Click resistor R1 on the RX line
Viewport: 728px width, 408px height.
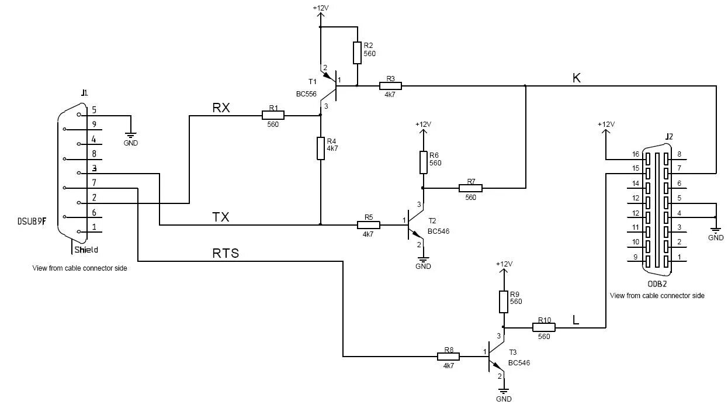273,115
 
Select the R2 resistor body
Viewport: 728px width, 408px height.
357,53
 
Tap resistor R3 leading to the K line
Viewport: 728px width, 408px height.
391,86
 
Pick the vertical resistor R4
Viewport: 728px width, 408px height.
321,148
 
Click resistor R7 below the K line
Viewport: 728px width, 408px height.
470,188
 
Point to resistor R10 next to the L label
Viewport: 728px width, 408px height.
544,327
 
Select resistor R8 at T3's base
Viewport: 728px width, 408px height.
449,357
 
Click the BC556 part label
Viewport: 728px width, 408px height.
306,94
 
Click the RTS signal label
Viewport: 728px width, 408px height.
226,253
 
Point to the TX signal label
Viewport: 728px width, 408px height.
221,217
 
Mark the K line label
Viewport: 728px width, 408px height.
576,78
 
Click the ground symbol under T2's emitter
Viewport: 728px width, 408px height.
423,260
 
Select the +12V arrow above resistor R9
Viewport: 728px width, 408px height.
504,276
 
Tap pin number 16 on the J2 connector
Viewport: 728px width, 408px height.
636,154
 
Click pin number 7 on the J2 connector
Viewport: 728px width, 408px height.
680,168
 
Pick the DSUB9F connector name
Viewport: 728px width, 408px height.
32,222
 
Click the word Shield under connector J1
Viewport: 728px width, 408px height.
86,250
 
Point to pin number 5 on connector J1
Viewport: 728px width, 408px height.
94,109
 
